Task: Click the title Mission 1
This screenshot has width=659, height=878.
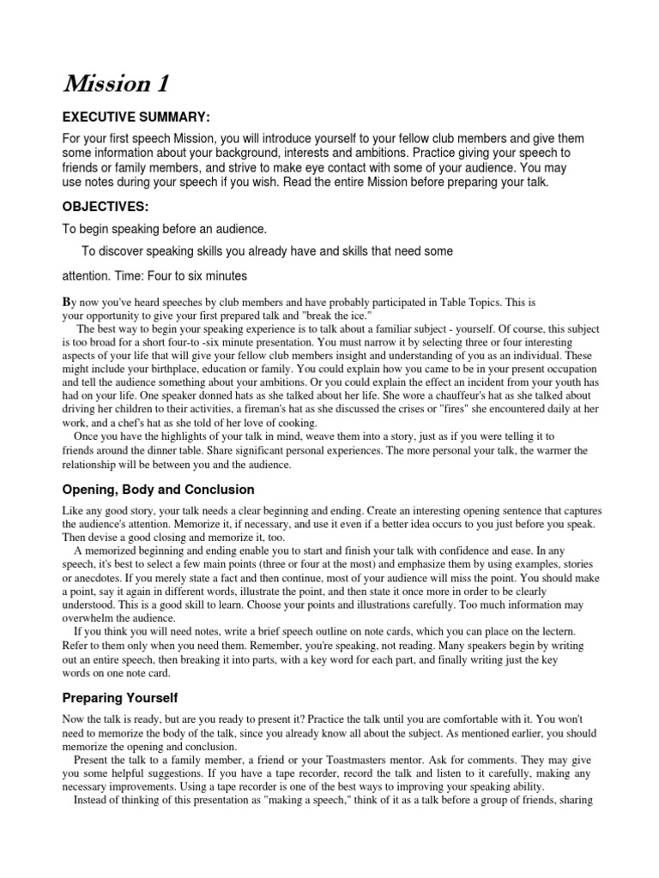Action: pyautogui.click(x=116, y=84)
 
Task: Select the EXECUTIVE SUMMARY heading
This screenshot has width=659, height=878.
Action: pyautogui.click(x=136, y=117)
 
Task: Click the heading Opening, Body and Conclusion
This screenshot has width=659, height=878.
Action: pyautogui.click(x=159, y=490)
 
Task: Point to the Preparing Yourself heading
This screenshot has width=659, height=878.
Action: pyautogui.click(x=120, y=699)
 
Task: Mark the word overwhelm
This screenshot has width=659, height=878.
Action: pyautogui.click(x=89, y=617)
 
